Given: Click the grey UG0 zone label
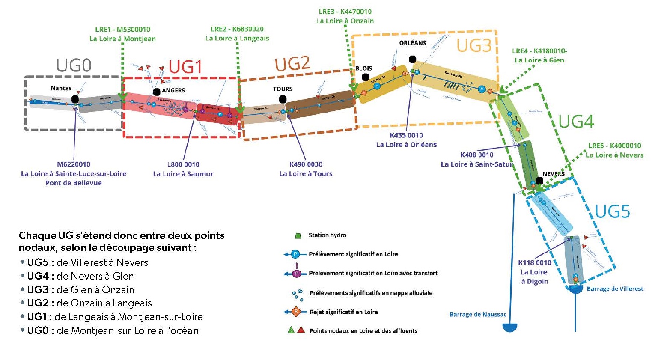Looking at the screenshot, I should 74,65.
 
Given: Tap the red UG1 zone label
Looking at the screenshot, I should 185,67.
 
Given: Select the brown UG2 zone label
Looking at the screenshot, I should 292,64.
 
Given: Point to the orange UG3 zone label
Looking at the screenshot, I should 473,45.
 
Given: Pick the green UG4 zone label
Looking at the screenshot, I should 576,122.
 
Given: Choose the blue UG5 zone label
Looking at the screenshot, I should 612,211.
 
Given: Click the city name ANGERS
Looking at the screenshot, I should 173,90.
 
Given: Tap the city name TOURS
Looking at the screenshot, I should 283,89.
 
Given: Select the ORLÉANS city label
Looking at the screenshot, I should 413,43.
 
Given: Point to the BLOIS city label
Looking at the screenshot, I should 363,68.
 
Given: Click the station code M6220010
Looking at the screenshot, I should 74,164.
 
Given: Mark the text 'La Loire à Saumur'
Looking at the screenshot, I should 183,174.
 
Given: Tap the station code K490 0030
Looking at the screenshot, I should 306,164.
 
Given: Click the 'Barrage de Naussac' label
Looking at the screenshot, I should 478,315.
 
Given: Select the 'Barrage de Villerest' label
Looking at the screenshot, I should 615,289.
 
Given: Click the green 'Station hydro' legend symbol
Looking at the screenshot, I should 298,235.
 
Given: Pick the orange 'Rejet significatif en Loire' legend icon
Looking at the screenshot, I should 296,312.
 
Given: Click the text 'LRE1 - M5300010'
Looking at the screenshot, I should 122,30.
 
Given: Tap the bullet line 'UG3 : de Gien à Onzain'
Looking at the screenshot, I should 80,290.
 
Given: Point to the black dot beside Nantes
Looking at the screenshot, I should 75,99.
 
